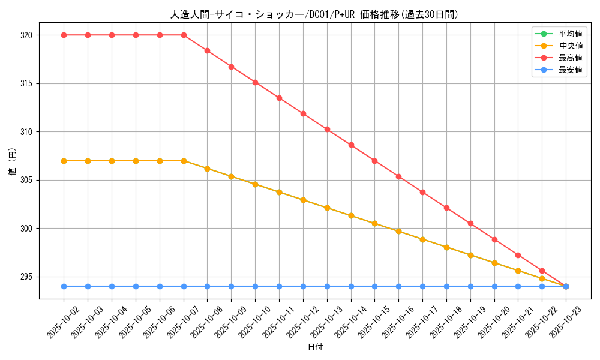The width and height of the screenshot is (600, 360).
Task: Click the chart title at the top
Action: [314, 14]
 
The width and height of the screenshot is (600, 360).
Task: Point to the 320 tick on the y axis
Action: [27, 35]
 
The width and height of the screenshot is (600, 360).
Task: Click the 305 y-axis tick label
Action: [27, 180]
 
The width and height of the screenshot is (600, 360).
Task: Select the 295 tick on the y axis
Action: [27, 277]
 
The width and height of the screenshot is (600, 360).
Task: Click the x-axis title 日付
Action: [314, 347]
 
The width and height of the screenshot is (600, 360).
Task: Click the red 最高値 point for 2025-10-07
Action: [184, 35]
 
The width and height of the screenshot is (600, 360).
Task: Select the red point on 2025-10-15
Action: [374, 161]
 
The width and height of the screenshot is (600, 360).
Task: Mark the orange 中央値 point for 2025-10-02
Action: [64, 161]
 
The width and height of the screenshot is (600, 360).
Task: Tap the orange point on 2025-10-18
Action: [446, 247]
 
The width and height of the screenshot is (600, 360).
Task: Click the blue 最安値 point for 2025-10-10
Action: [255, 286]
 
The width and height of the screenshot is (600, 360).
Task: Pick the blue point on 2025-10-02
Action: [64, 286]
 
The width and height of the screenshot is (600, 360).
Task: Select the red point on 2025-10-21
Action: [518, 255]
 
